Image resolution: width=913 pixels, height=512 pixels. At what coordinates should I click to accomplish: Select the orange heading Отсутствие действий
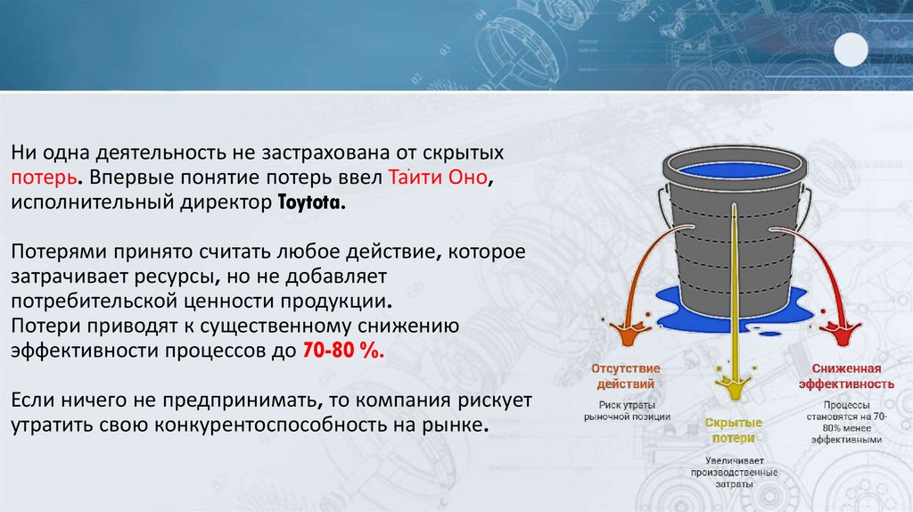(627, 376)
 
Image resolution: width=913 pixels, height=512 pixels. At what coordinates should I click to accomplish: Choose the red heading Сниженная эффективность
(852, 376)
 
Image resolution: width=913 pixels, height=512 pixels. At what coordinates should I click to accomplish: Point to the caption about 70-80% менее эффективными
(852, 427)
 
